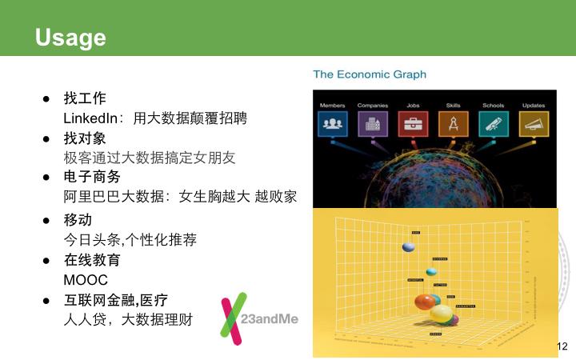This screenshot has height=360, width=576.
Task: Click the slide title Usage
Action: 70,38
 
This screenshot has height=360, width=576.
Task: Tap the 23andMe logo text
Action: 270,318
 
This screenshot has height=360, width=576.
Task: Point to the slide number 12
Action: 561,346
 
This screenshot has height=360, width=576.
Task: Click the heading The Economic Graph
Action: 369,74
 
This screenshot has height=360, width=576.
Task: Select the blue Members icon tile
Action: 332,123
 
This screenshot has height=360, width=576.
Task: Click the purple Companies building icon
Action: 372,123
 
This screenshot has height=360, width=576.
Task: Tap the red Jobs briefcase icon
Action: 413,123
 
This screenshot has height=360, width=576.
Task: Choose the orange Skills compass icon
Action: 453,123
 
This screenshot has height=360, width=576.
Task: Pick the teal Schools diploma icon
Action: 493,123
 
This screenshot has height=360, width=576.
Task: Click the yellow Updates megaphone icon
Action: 534,123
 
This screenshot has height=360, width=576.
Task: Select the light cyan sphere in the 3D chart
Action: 432,271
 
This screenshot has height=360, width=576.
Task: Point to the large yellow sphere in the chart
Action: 441,313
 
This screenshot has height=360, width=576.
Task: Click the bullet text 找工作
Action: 84,99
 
